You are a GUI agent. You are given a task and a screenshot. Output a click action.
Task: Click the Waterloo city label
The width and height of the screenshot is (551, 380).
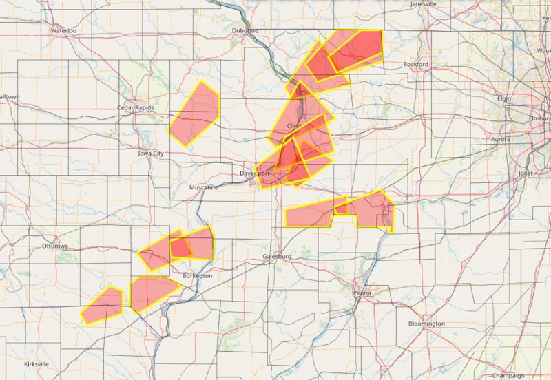(x=63, y=31)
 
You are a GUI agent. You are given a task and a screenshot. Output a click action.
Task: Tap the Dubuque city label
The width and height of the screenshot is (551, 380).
(x=245, y=31)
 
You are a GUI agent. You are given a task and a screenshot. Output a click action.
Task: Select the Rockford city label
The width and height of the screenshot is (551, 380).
(x=416, y=64)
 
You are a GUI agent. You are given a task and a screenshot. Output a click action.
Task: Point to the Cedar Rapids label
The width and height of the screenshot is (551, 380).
(x=135, y=107)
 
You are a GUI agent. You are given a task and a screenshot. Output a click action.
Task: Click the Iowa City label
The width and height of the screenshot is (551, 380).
(x=151, y=154)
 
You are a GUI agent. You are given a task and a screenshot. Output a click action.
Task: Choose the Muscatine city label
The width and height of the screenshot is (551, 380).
(x=204, y=187)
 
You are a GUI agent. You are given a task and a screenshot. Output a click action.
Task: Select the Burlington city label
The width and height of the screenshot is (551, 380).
(x=198, y=275)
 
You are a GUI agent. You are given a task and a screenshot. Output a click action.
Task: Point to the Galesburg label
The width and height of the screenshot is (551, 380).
(x=278, y=256)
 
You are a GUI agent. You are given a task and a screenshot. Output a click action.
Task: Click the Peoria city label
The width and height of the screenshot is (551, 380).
(x=362, y=293)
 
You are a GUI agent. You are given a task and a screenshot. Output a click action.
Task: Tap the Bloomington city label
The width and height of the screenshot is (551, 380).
(x=426, y=324)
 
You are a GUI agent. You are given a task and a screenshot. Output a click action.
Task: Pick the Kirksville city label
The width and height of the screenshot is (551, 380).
(x=35, y=363)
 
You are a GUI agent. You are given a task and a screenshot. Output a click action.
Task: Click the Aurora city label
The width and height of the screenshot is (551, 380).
(x=501, y=139)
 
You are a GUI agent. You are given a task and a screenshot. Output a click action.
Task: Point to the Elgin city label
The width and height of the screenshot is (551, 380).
(x=505, y=98)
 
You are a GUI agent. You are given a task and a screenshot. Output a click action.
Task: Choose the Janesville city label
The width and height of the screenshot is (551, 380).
(x=424, y=3)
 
